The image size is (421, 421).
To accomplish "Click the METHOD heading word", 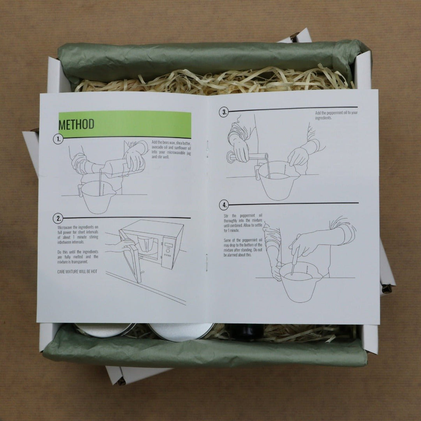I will [76, 124].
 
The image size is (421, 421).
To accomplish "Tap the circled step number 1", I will [58, 139].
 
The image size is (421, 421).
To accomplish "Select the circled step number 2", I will [58, 218].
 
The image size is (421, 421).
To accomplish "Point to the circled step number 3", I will [224, 113].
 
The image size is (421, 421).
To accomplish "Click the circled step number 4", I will [224, 205].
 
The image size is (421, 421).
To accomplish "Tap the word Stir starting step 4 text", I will [226, 215].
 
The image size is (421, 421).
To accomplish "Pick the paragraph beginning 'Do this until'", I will [77, 256].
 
